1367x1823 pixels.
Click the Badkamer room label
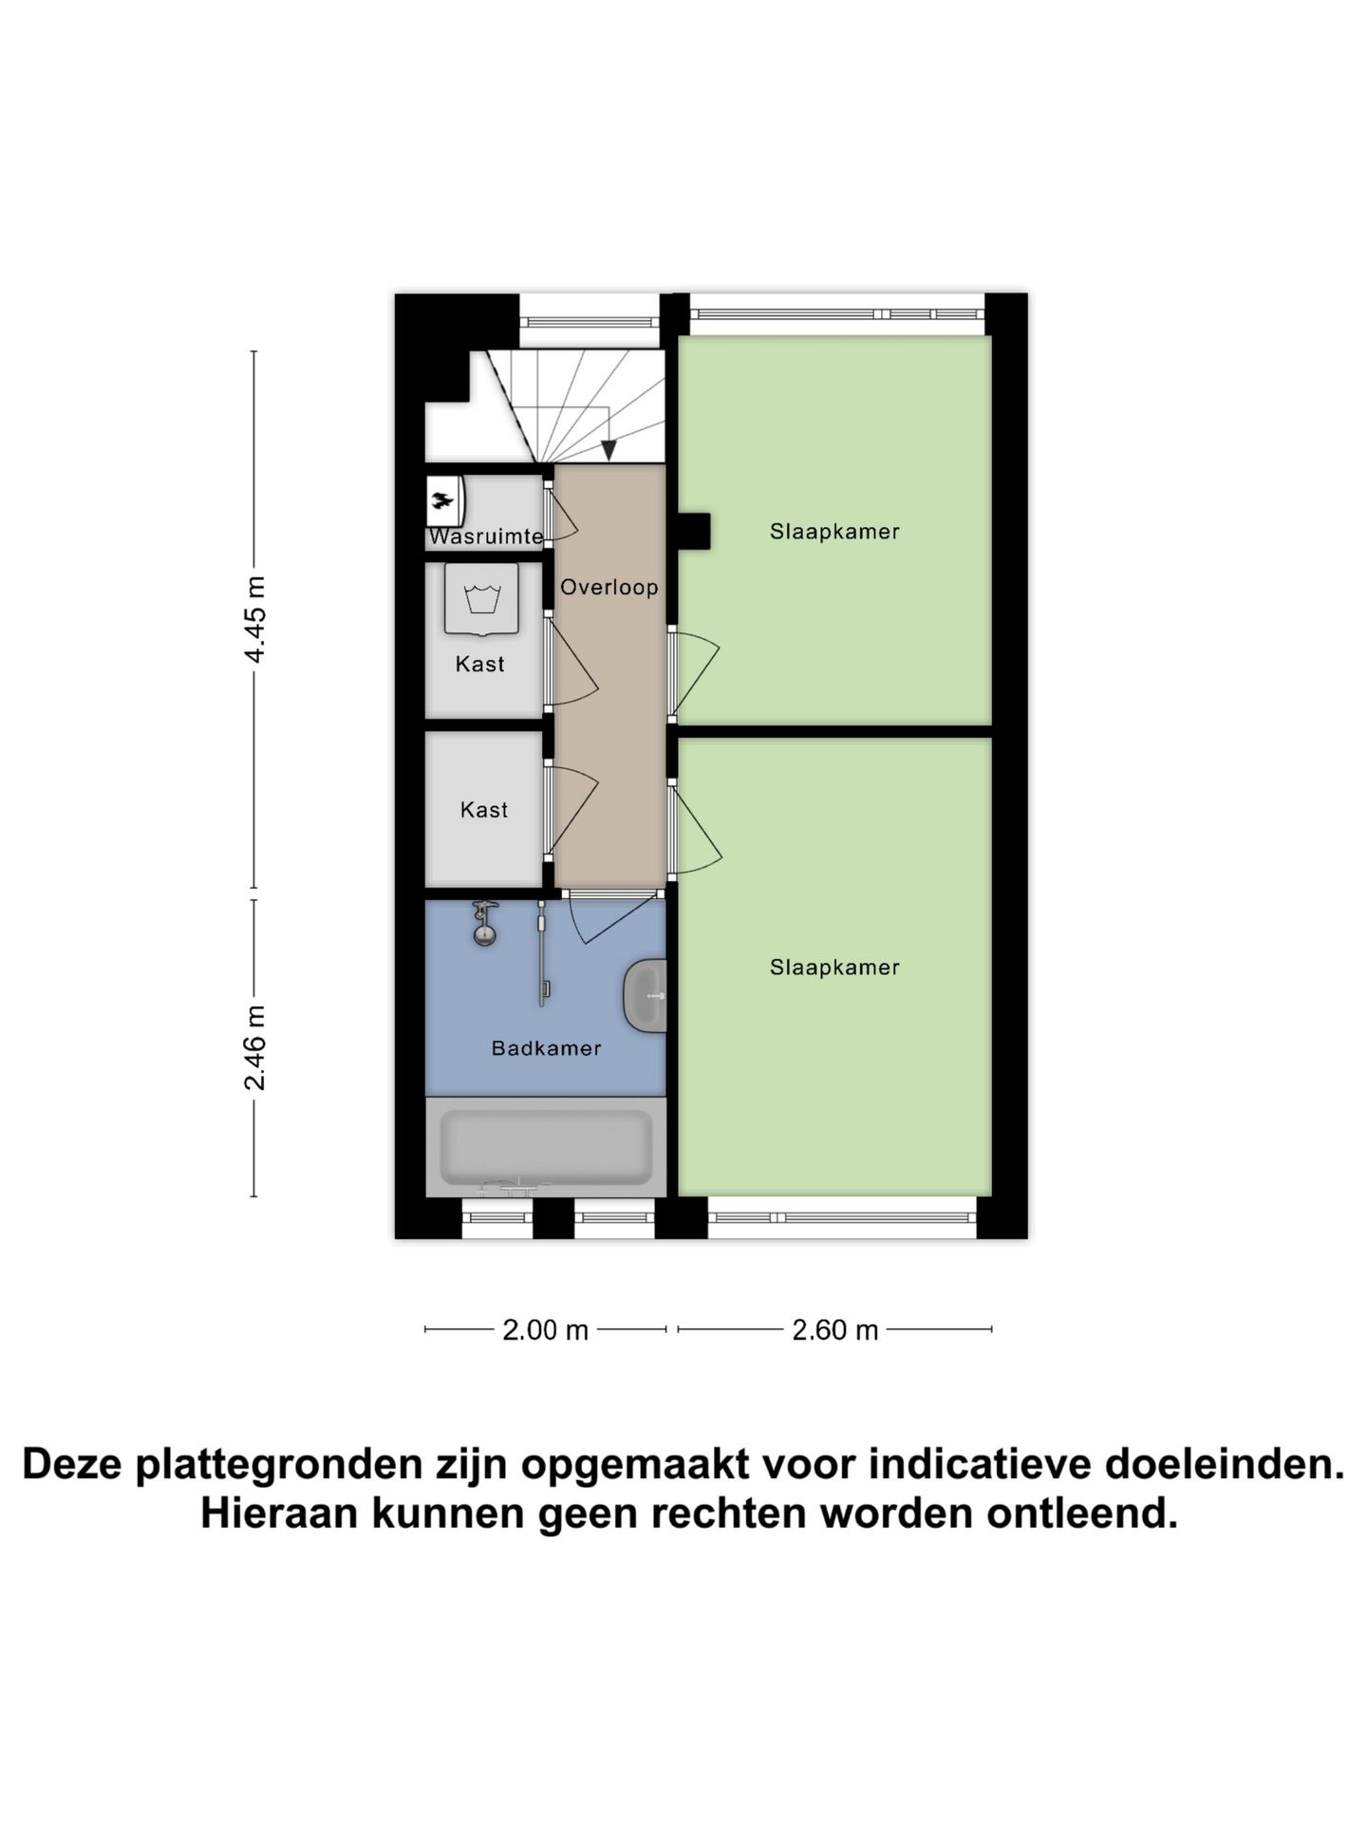(x=546, y=1048)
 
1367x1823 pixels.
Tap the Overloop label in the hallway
(x=609, y=587)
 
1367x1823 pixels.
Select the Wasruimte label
(x=485, y=536)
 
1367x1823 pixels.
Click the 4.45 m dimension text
(x=254, y=619)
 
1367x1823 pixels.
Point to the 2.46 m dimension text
(x=254, y=1047)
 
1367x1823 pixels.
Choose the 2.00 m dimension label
(x=545, y=1330)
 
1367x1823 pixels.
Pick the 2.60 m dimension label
(x=834, y=1330)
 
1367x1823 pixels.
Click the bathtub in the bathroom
(x=546, y=1147)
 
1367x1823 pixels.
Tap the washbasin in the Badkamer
(x=646, y=995)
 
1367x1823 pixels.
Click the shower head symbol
(x=485, y=923)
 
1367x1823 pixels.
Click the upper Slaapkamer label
(x=834, y=532)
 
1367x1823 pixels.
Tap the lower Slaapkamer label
(x=834, y=968)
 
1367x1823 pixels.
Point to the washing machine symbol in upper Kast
(x=482, y=600)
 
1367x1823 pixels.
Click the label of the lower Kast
(x=484, y=810)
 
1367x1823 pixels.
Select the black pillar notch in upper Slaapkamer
(x=693, y=532)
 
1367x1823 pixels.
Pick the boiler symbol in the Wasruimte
(x=443, y=499)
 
